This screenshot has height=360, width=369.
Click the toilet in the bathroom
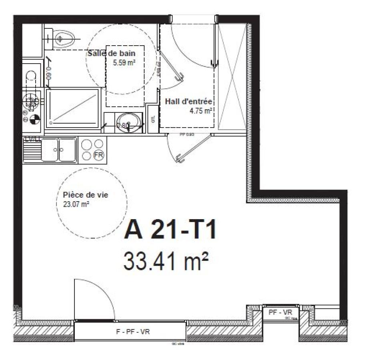64,38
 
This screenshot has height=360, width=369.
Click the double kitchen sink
59,150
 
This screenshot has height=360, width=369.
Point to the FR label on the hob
98,155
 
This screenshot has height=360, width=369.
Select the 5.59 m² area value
123,62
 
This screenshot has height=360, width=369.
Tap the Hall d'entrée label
188,101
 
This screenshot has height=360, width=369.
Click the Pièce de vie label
86,195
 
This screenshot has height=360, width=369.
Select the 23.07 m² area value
76,204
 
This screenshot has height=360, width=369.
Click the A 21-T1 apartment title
170,231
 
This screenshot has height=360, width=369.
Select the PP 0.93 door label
187,135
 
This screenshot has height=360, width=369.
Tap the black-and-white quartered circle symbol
35,119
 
